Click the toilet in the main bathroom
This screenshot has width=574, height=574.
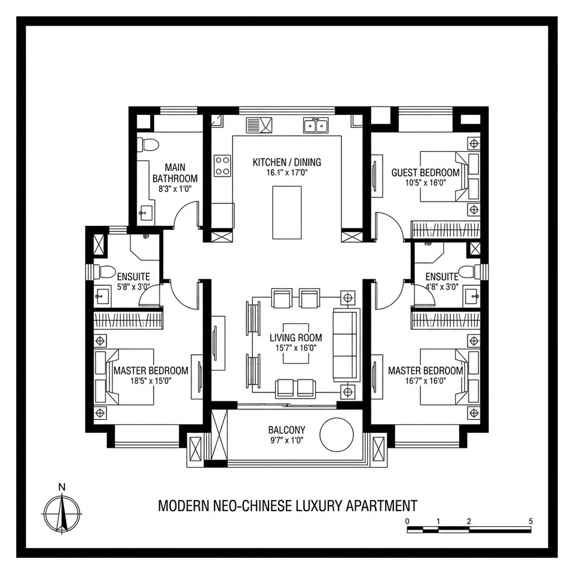click(x=148, y=145)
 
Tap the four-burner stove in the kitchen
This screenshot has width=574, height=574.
click(x=222, y=166)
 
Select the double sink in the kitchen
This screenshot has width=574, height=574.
click(x=316, y=125)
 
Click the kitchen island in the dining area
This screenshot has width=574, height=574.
click(x=287, y=212)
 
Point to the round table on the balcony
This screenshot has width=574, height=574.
click(x=337, y=435)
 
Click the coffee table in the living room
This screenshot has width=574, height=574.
click(x=296, y=343)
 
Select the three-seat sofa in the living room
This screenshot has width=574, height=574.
click(x=346, y=345)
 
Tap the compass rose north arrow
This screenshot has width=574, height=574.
click(x=62, y=513)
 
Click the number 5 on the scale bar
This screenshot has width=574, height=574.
click(x=531, y=521)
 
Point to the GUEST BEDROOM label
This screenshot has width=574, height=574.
click(x=425, y=172)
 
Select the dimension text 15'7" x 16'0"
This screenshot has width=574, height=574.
click(x=296, y=348)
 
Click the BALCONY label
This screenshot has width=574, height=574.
click(x=286, y=430)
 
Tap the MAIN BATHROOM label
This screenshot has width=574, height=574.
click(x=175, y=173)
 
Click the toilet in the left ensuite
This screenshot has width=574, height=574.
click(x=104, y=271)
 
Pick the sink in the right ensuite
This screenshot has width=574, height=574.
click(x=472, y=296)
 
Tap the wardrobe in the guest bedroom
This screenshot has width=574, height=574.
click(x=445, y=230)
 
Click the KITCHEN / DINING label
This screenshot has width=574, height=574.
click(x=287, y=162)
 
